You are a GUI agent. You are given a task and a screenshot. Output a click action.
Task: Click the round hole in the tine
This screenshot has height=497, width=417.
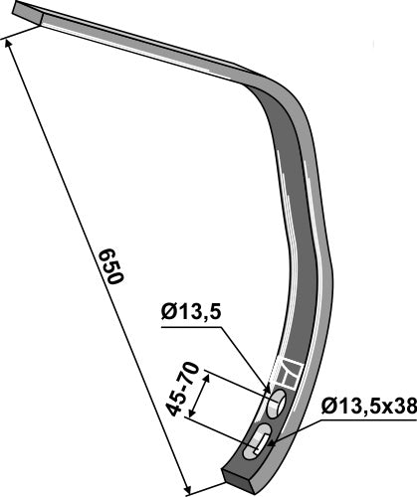(x=276, y=402)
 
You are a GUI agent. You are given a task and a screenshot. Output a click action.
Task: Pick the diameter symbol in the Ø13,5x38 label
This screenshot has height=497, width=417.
(x=328, y=405)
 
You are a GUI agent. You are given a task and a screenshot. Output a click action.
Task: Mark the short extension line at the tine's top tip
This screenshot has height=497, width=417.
(x=22, y=33)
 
